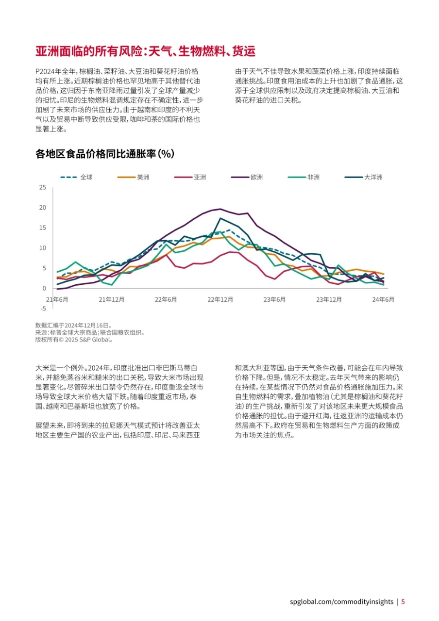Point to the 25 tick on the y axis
click(x=43, y=188)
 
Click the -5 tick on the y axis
click(x=43, y=308)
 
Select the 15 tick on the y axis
click(x=43, y=228)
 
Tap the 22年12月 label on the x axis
click(x=220, y=299)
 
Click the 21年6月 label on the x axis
click(x=57, y=299)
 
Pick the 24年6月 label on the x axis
click(x=383, y=299)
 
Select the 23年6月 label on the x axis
click(x=274, y=299)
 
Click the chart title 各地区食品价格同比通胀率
click(x=105, y=154)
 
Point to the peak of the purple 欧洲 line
click(x=221, y=209)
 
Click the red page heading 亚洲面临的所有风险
click(x=145, y=51)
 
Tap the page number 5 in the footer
click(x=403, y=602)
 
